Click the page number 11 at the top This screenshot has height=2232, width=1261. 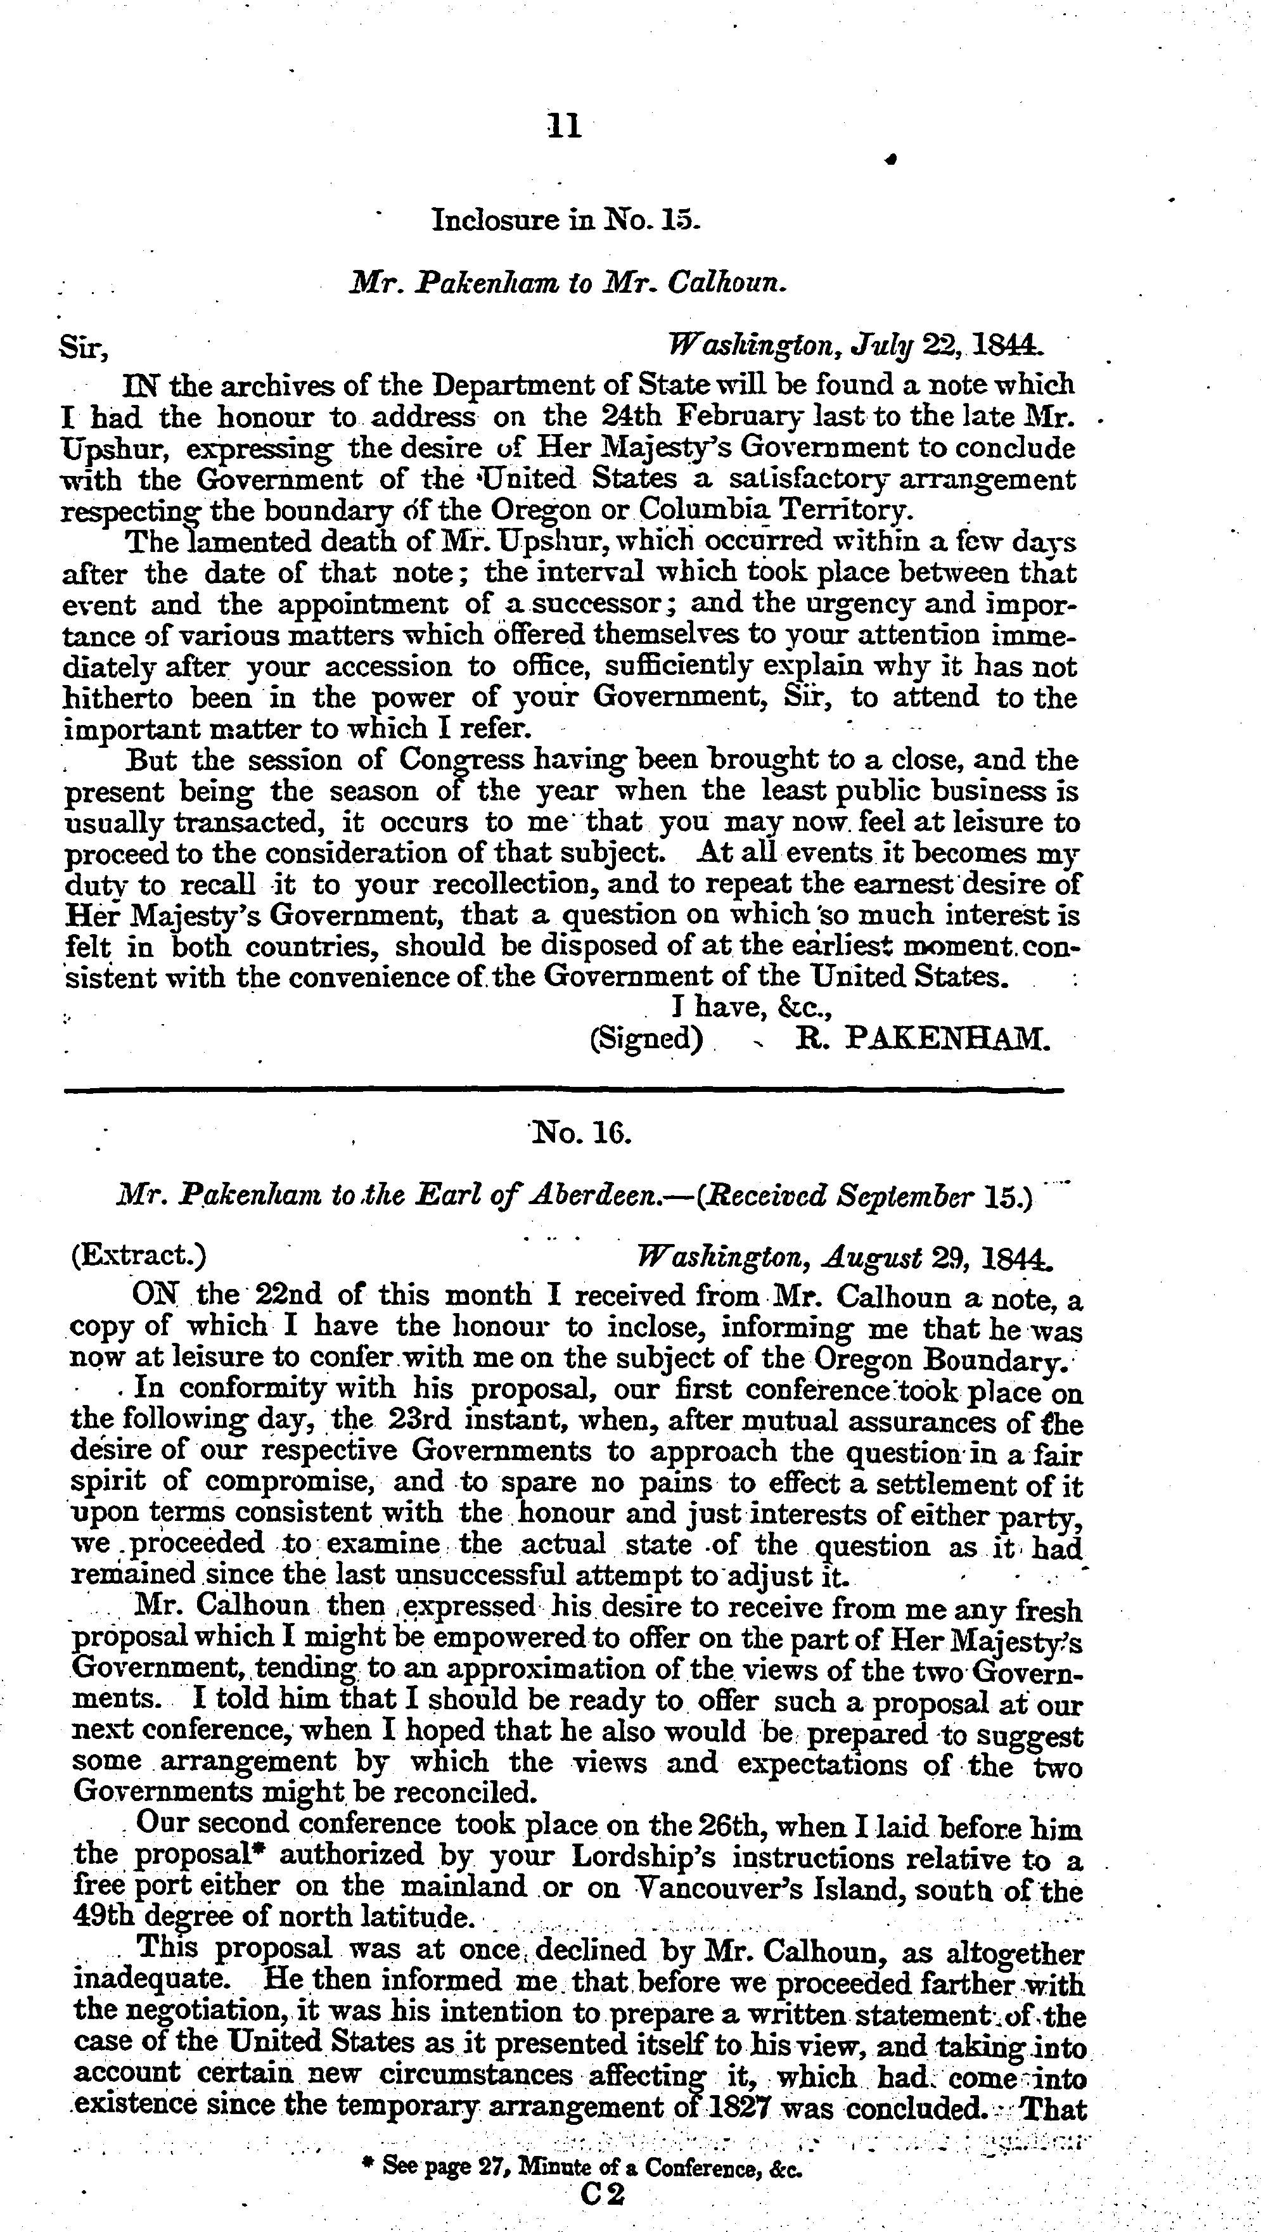click(564, 128)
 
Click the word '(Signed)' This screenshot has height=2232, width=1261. click(646, 1037)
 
